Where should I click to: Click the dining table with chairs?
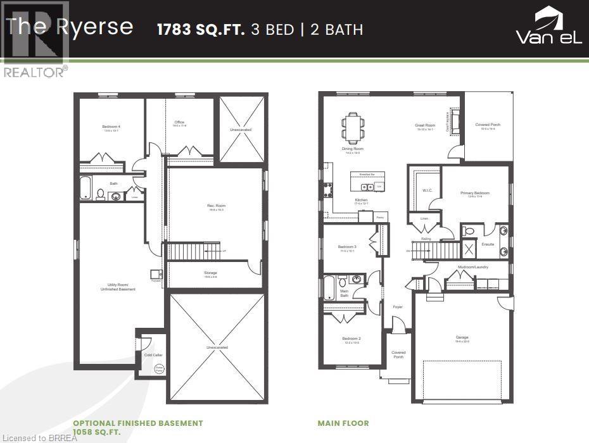(353, 125)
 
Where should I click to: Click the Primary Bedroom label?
(475, 194)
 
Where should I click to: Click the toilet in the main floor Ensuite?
(469, 230)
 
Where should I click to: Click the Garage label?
(462, 339)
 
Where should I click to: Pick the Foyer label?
(397, 307)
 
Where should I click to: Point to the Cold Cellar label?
(153, 355)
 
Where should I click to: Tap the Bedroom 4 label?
(111, 128)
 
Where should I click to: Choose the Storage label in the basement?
(210, 274)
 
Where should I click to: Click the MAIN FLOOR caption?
(343, 423)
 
